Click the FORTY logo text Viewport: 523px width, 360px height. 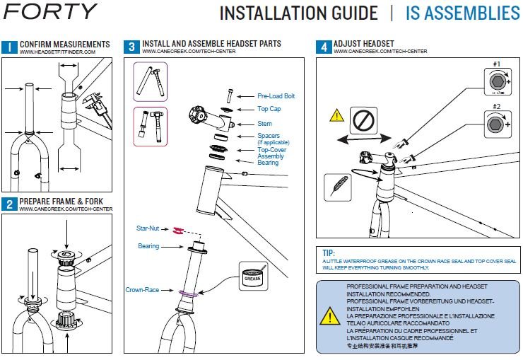tap(49, 12)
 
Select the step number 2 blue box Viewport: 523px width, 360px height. tap(9, 204)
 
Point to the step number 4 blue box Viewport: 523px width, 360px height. tap(323, 48)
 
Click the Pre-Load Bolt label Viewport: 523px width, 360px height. tap(276, 96)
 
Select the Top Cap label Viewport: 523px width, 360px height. tap(269, 110)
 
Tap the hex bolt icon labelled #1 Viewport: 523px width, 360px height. tap(498, 81)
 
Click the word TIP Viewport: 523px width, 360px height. tap(328, 253)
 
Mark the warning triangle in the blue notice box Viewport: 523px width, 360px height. tap(330, 315)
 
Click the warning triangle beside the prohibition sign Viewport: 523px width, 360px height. tap(337, 115)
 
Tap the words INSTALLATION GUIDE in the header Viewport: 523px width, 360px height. tap(298, 13)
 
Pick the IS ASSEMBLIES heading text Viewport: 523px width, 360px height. tap(462, 13)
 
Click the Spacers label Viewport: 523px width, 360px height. tap(269, 136)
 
